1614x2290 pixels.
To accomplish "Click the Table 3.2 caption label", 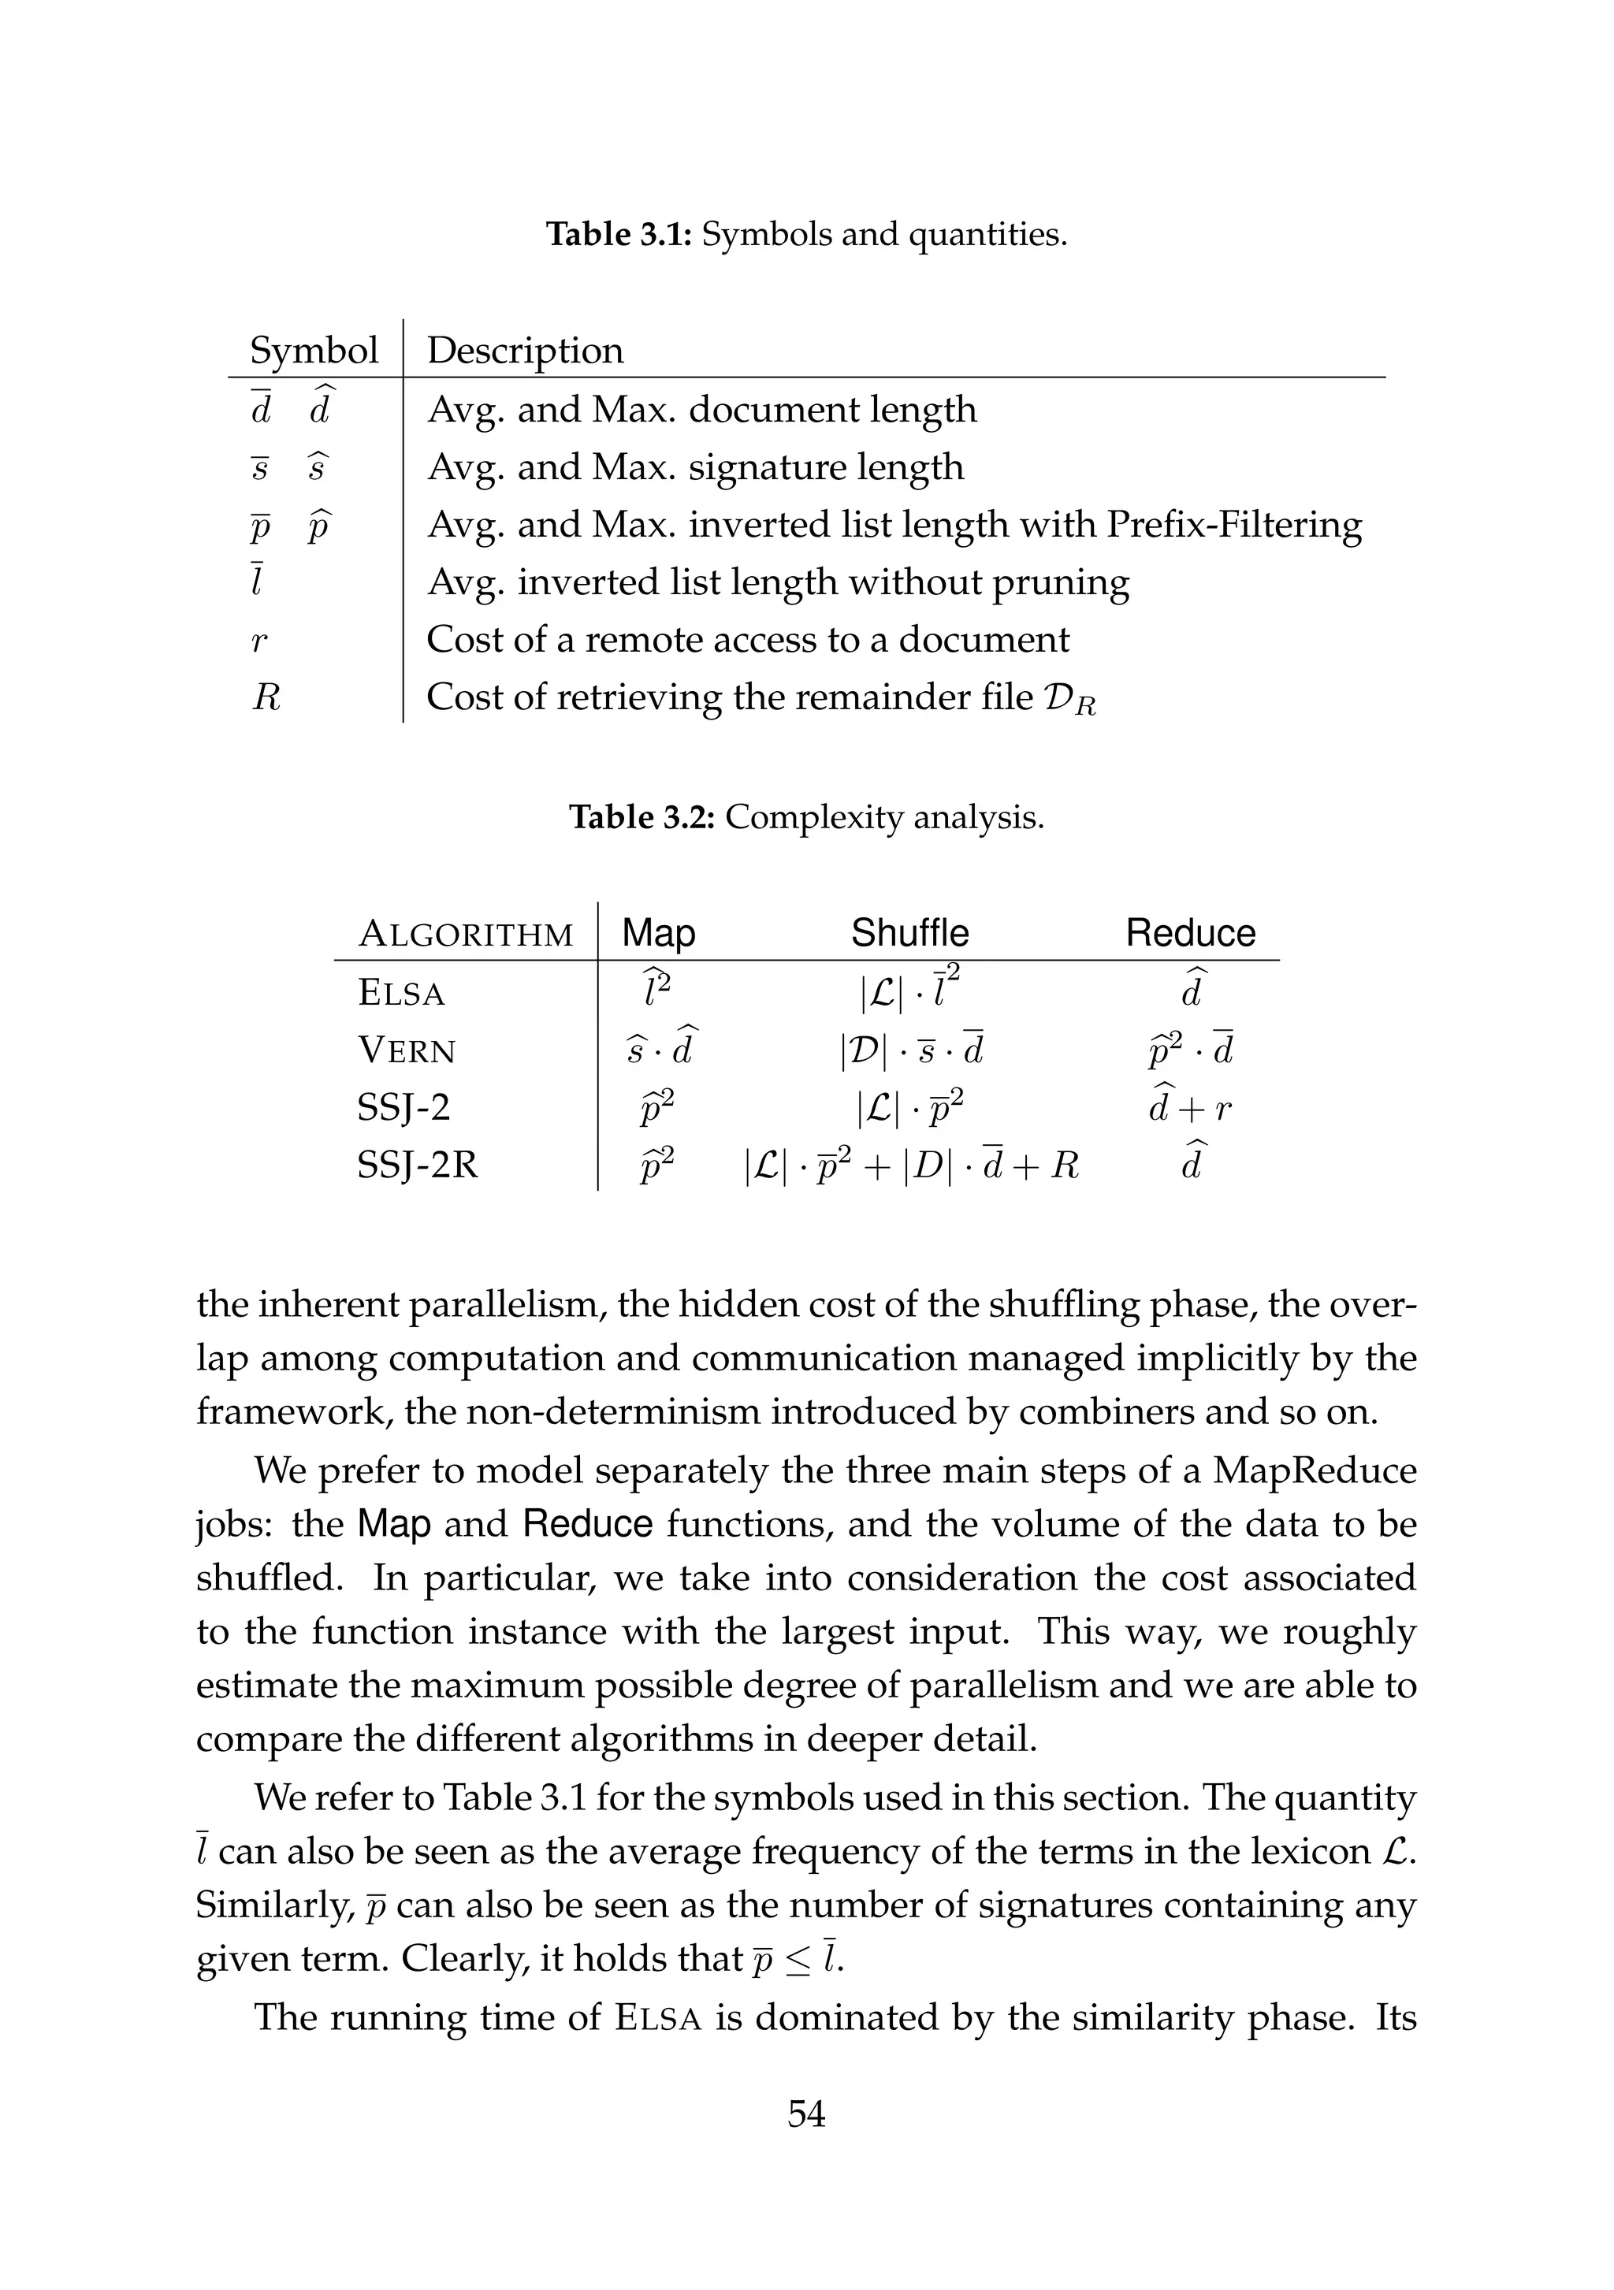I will tap(642, 817).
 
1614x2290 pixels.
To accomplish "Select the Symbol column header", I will tap(313, 350).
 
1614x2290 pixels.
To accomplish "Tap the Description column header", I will tap(525, 350).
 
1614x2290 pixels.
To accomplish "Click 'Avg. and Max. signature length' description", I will tap(695, 467).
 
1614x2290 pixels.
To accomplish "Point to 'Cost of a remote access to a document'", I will tap(747, 639).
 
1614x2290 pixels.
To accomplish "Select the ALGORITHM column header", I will tap(465, 935).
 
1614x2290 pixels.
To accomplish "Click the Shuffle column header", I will tap(909, 932).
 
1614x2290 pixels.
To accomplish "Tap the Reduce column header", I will tap(1190, 932).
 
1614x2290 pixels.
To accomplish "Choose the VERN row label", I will tap(406, 1050).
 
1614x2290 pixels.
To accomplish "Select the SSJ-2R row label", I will tap(417, 1164).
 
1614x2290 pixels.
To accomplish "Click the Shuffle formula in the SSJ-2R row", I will tap(911, 1164).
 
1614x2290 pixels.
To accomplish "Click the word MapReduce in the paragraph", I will tap(1314, 1471).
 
